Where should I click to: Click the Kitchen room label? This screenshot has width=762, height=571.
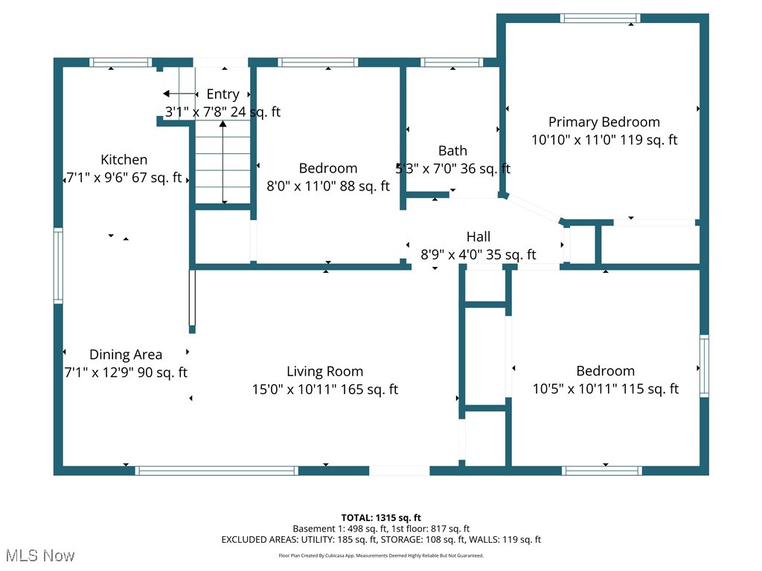(x=124, y=159)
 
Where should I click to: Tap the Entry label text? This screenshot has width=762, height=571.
(x=223, y=94)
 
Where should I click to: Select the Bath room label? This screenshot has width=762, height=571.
(x=452, y=150)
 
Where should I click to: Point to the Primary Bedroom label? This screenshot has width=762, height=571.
(x=604, y=122)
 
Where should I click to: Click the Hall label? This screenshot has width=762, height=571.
(x=478, y=236)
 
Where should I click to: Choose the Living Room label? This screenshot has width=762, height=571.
(x=324, y=372)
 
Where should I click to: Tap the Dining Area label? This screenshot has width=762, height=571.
(x=125, y=355)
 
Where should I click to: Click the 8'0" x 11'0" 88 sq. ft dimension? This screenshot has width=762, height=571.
(x=328, y=186)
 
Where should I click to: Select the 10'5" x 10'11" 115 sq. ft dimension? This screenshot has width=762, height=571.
(x=606, y=389)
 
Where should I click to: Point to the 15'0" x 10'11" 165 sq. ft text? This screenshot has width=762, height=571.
(x=324, y=390)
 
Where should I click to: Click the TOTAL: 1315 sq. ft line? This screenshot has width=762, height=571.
(x=381, y=517)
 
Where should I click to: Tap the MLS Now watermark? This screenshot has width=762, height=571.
(x=40, y=555)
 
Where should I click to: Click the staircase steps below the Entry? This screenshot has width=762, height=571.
(x=223, y=163)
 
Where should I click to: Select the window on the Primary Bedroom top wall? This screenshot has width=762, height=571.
(x=601, y=19)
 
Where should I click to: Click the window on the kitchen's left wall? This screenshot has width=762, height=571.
(x=58, y=265)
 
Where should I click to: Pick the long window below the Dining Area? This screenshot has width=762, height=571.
(x=217, y=471)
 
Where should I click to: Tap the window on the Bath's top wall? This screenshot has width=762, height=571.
(x=452, y=62)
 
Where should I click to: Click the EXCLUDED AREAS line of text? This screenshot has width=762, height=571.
(x=381, y=540)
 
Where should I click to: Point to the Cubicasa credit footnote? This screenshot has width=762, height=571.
(x=381, y=555)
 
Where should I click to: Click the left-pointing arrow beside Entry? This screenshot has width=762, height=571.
(x=180, y=94)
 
